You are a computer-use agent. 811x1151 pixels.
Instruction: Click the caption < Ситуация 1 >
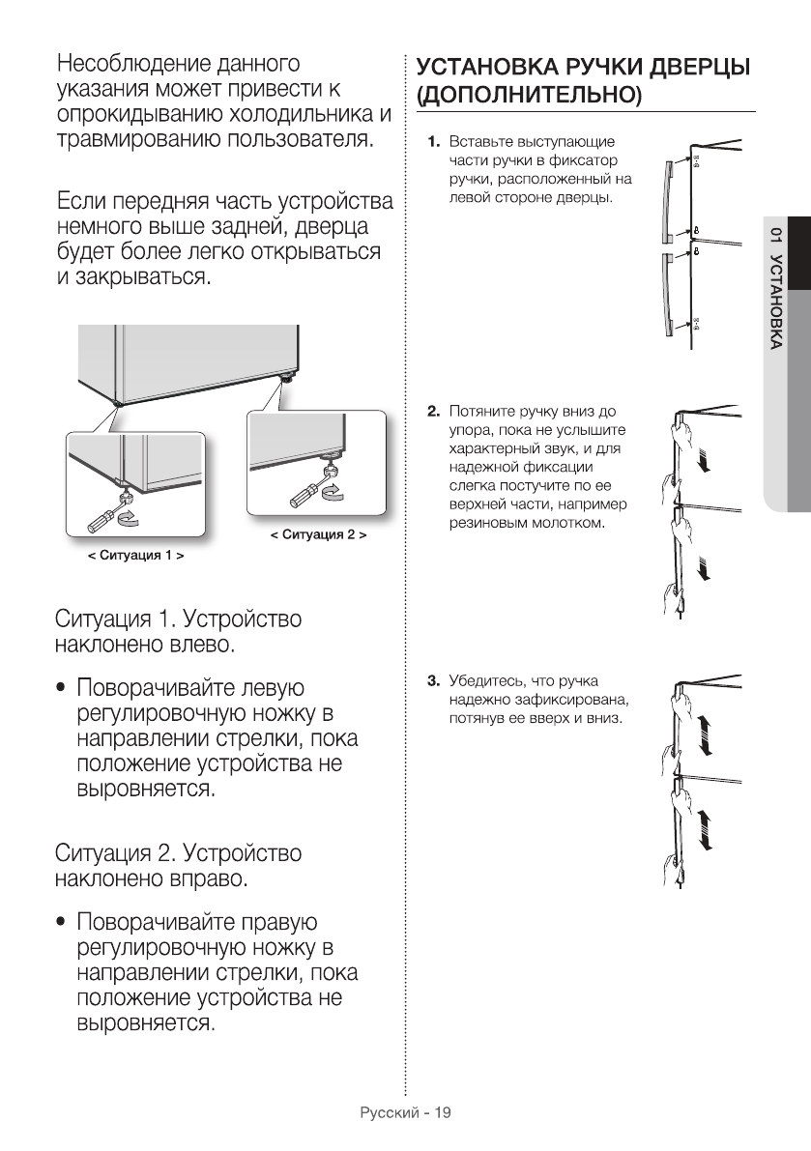click(136, 557)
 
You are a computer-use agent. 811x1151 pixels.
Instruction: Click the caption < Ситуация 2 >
click(317, 533)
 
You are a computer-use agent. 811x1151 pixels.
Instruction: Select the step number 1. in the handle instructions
click(435, 143)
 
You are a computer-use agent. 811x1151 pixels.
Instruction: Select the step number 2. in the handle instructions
click(435, 412)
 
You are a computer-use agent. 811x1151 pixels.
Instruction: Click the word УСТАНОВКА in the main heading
click(483, 69)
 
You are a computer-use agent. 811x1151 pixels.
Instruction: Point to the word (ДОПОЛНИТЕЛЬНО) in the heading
click(528, 96)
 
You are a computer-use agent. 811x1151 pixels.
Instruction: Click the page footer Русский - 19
click(405, 1113)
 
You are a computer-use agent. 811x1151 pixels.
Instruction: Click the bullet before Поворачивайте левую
click(63, 689)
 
